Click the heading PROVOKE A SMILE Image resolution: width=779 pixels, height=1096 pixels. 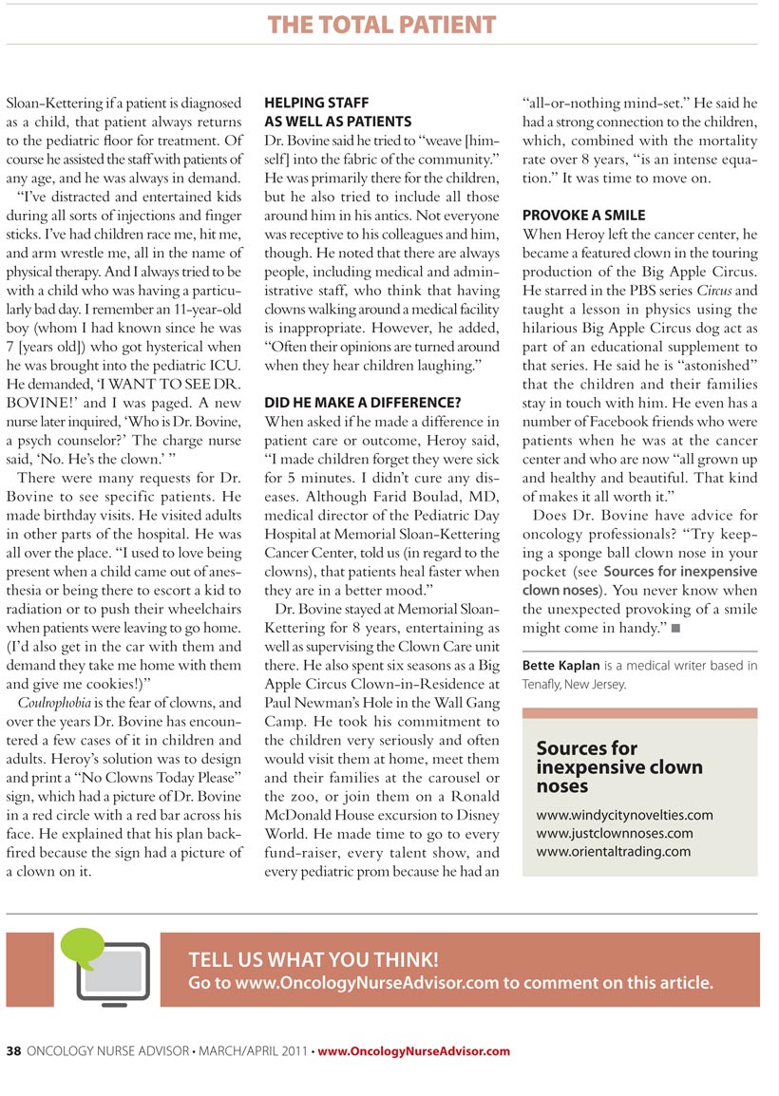pos(583,216)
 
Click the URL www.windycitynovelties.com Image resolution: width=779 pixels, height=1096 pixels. pos(624,815)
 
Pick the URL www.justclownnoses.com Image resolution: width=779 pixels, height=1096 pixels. pos(614,833)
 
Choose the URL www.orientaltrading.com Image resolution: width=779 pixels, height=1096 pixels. pos(613,851)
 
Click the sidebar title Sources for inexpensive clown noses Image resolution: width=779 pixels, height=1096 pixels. pos(619,767)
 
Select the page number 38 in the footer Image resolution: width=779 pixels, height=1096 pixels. pos(14,1051)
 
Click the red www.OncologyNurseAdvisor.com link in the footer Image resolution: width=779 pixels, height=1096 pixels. pos(413,1051)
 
